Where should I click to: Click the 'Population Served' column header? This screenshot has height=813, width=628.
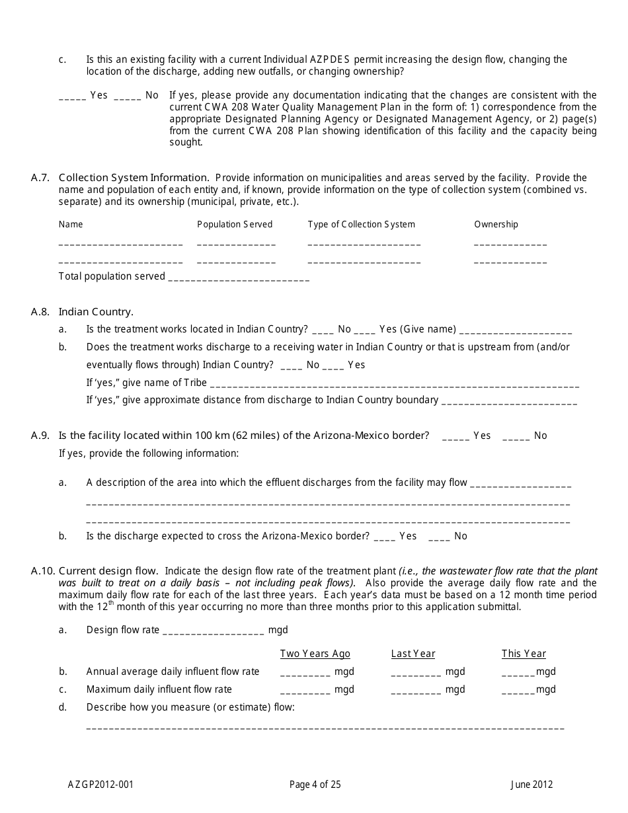(x=235, y=224)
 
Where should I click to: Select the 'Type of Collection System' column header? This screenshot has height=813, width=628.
(x=361, y=224)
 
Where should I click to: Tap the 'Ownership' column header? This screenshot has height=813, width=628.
(x=496, y=224)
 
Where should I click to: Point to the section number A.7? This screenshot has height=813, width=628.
(x=40, y=177)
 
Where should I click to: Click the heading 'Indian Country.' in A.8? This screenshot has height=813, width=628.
(x=96, y=311)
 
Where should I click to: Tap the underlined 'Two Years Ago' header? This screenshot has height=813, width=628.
(x=315, y=654)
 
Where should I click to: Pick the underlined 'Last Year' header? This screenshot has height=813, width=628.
(x=413, y=654)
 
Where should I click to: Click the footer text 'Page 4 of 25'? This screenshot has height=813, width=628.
(x=315, y=785)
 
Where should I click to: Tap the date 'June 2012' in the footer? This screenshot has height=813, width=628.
(x=531, y=785)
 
